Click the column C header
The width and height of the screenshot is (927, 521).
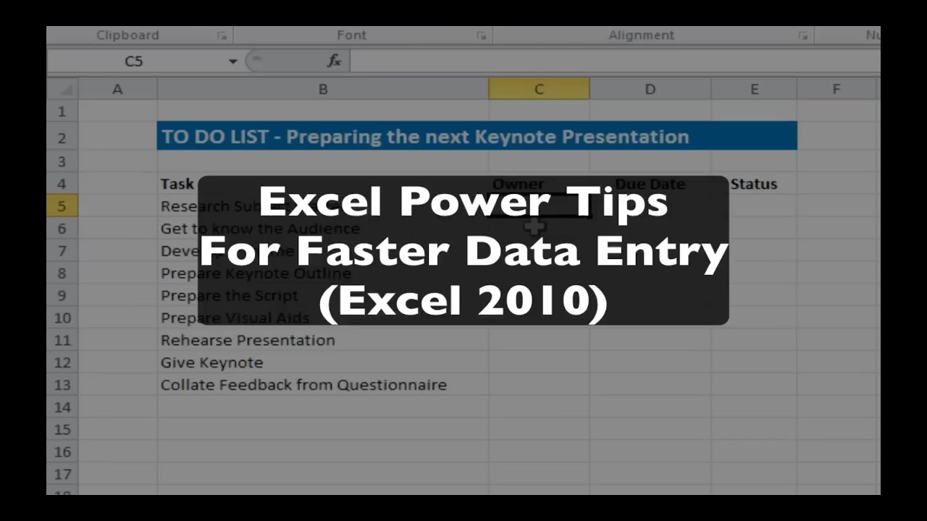pyautogui.click(x=538, y=89)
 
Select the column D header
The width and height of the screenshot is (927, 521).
pyautogui.click(x=650, y=89)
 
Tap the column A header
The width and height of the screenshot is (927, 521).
pyautogui.click(x=117, y=89)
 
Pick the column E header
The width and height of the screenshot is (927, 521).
pyautogui.click(x=754, y=89)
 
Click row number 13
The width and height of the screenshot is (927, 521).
pyautogui.click(x=62, y=385)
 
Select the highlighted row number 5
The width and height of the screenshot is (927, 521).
pyautogui.click(x=62, y=206)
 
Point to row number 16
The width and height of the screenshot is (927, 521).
pyautogui.click(x=62, y=452)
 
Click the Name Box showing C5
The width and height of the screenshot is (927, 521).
pyautogui.click(x=134, y=62)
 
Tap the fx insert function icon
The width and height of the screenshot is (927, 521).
pyautogui.click(x=334, y=62)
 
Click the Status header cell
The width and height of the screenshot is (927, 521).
pyautogui.click(x=753, y=185)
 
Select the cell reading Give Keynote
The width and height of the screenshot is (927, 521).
pyautogui.click(x=211, y=363)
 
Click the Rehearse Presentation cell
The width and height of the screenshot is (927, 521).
pyautogui.click(x=248, y=340)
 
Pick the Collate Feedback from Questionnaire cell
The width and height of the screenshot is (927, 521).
pyautogui.click(x=303, y=385)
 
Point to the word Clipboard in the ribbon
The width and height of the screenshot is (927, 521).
pyautogui.click(x=127, y=35)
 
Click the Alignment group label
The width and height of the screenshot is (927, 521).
pyautogui.click(x=641, y=35)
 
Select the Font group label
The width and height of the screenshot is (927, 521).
pyautogui.click(x=351, y=35)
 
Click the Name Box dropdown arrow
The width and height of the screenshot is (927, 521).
pyautogui.click(x=232, y=62)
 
